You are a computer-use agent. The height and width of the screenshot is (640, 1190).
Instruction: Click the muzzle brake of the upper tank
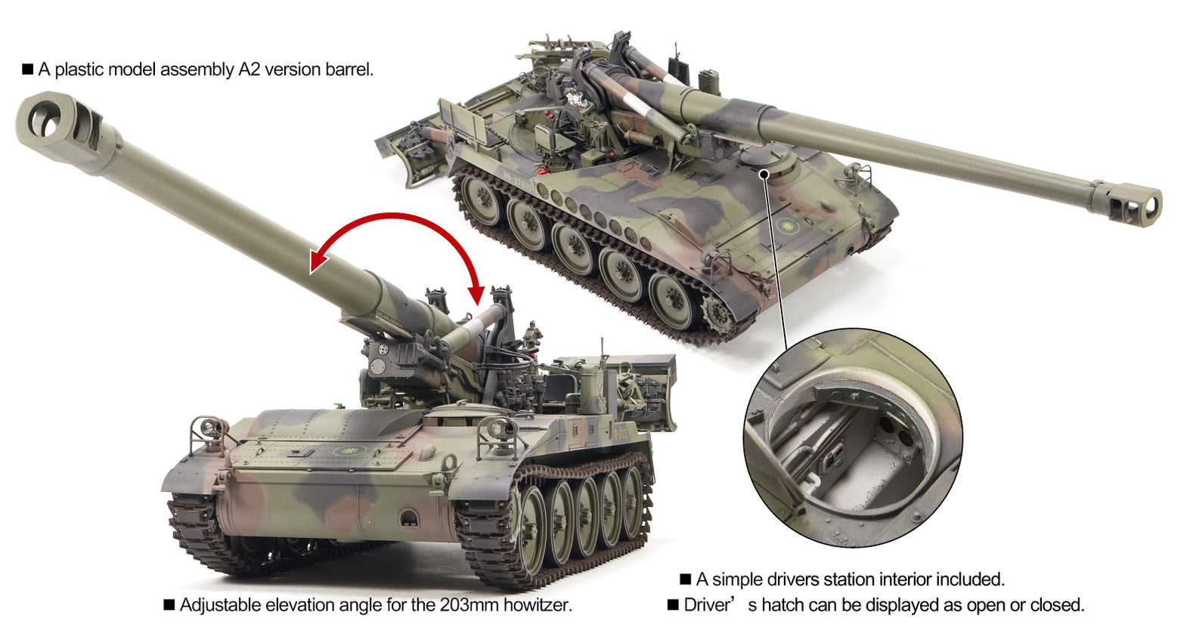(1136, 203)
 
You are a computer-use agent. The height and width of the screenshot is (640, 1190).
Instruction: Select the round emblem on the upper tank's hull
(788, 225)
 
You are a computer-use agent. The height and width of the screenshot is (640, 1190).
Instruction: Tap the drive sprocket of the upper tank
(717, 313)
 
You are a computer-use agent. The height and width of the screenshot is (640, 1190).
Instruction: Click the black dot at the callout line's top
(764, 174)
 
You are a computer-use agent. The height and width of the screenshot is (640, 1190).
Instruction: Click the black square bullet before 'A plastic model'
(28, 70)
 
